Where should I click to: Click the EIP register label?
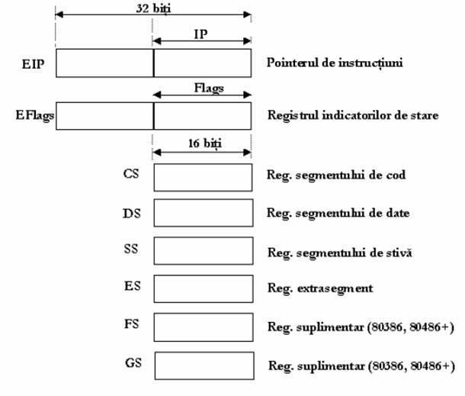click(x=33, y=64)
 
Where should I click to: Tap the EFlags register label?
click(x=35, y=115)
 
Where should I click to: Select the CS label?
click(x=131, y=174)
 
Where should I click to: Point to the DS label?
click(x=132, y=214)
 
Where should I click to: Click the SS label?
click(x=131, y=249)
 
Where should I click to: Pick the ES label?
click(x=133, y=286)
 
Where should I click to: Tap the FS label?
click(x=131, y=324)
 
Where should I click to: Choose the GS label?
click(x=133, y=362)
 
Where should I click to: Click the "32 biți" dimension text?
click(x=153, y=8)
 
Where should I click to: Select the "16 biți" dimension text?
click(x=205, y=143)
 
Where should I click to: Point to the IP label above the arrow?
click(x=200, y=34)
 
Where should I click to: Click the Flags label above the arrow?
click(x=209, y=89)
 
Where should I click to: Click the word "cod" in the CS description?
click(x=396, y=175)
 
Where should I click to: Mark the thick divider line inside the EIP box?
click(x=154, y=63)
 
